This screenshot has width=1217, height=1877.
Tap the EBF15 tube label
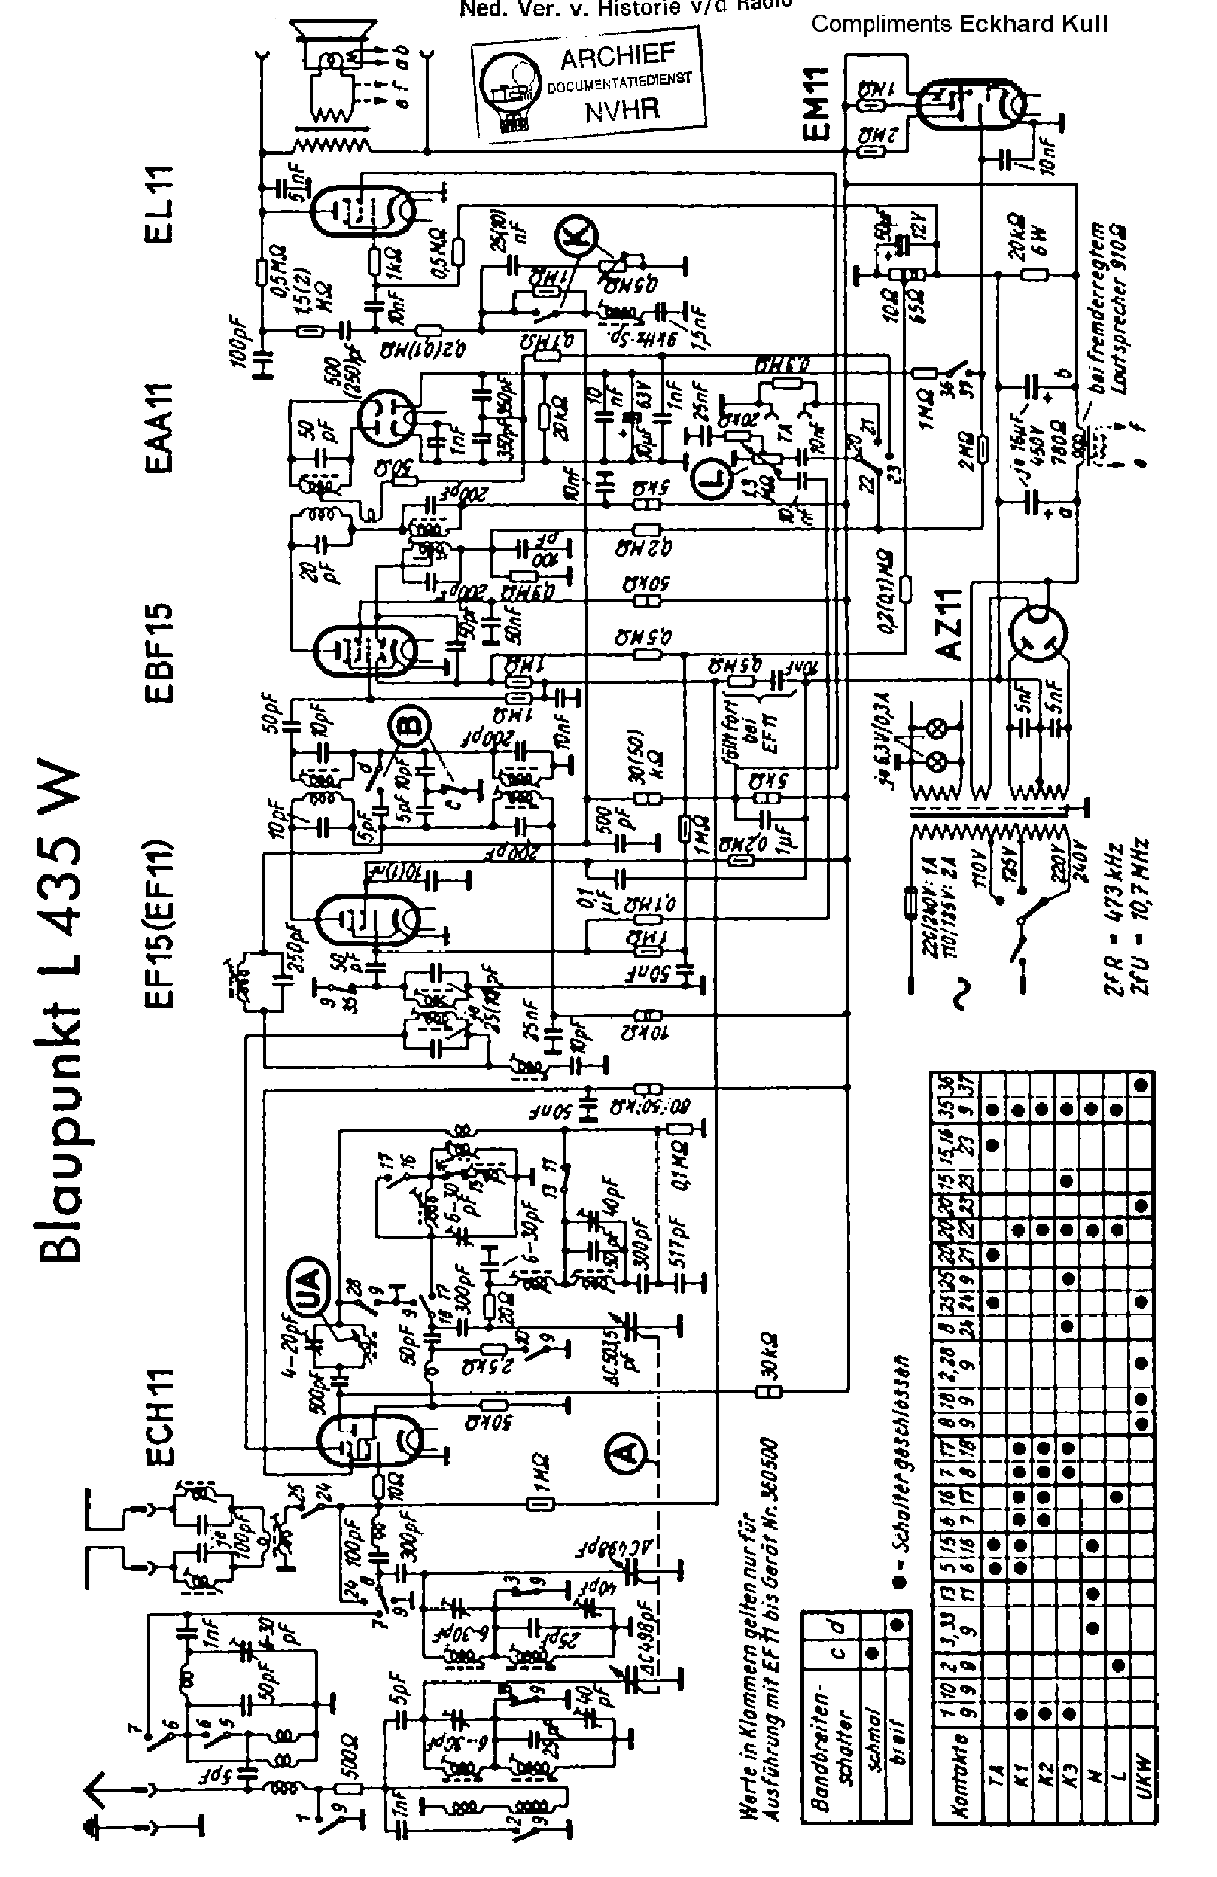(159, 652)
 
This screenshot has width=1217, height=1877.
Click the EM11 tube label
(817, 103)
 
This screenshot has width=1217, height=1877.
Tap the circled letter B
(408, 726)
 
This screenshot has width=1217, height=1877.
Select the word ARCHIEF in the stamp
(618, 56)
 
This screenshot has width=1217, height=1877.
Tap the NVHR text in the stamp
(621, 109)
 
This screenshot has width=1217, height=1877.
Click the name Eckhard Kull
(1033, 24)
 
